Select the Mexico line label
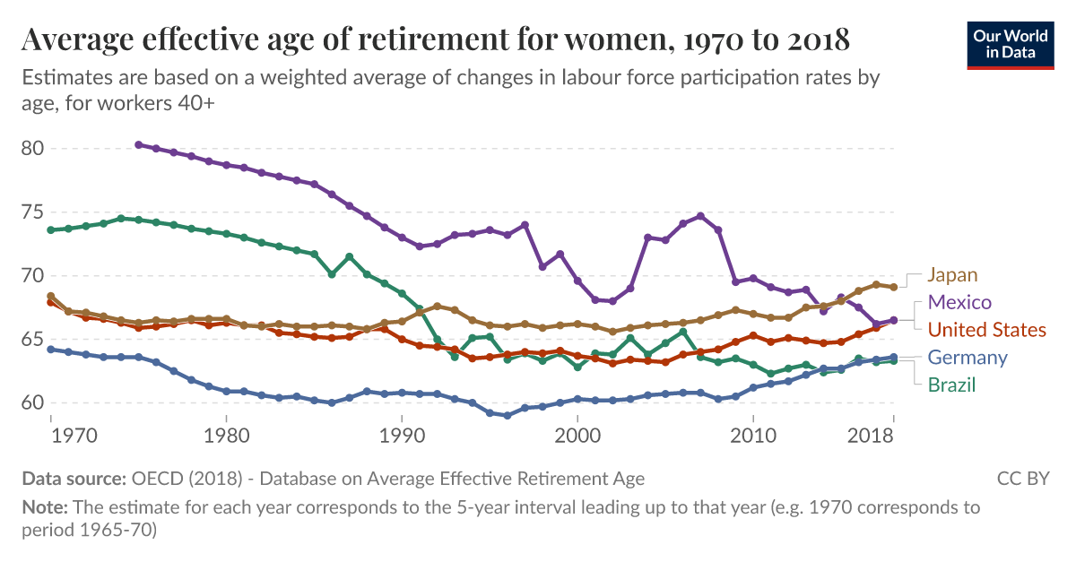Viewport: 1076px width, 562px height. (959, 302)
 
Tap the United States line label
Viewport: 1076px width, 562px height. (986, 330)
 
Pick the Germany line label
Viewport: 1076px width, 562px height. (968, 358)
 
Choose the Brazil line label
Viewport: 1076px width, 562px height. (951, 385)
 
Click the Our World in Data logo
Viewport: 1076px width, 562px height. (1010, 43)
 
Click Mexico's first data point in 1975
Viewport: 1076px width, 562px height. (138, 144)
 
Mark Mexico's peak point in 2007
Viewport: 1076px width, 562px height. (700, 216)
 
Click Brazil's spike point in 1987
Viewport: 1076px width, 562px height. (349, 257)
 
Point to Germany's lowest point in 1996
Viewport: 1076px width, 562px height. (508, 416)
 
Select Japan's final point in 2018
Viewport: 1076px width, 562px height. (893, 288)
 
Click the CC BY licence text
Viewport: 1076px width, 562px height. (1022, 479)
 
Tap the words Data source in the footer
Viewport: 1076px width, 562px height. (74, 479)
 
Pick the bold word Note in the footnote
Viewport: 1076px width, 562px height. (44, 507)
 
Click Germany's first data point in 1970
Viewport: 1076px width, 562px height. (51, 349)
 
